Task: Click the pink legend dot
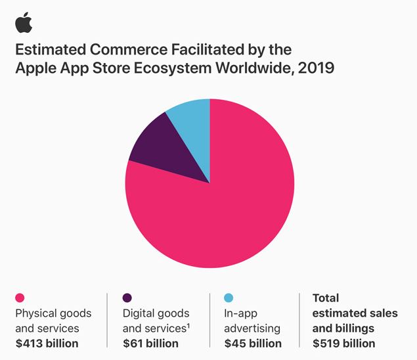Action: (x=20, y=298)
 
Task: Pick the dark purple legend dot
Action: (x=128, y=298)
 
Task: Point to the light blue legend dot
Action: (x=229, y=298)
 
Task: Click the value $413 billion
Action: (x=47, y=343)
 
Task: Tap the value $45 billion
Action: (x=253, y=343)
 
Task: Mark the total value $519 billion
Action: (x=344, y=343)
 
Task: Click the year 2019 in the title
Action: (x=318, y=68)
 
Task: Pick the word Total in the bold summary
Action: (x=326, y=298)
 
